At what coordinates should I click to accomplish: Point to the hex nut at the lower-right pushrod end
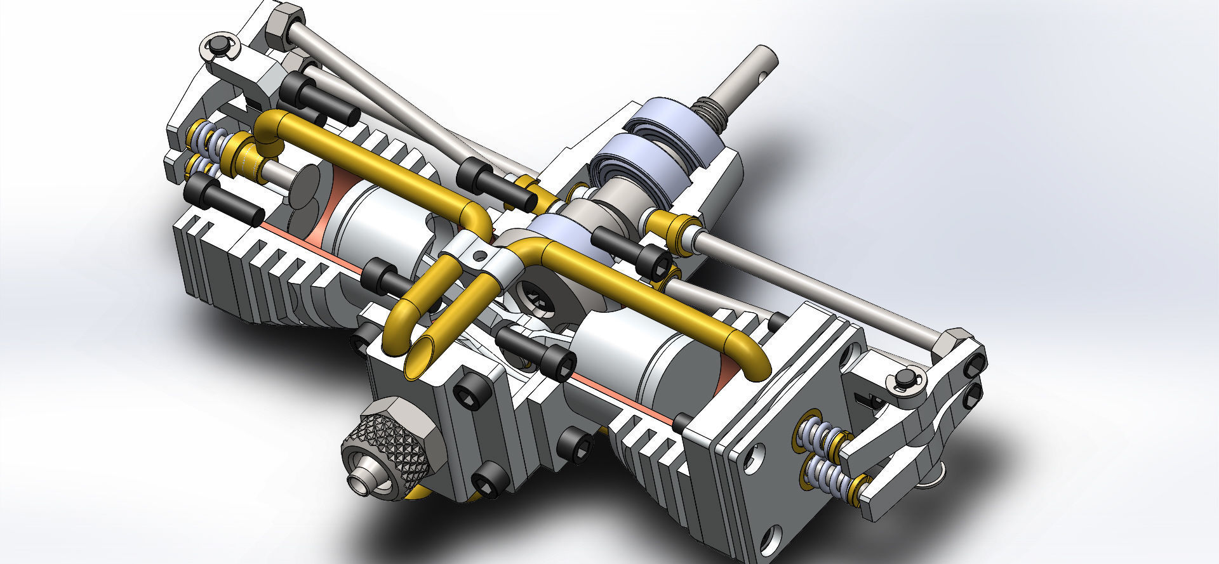coord(950,343)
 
